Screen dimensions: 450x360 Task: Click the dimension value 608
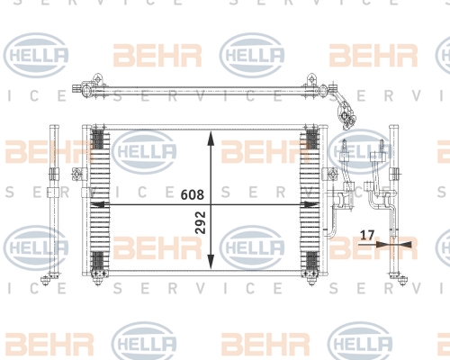[x=193, y=194]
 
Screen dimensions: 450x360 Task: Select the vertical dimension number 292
[x=201, y=222]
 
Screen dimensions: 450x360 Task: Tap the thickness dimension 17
[x=367, y=235]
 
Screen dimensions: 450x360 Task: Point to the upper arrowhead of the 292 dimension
[x=211, y=139]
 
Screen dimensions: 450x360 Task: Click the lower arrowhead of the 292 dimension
[x=211, y=262]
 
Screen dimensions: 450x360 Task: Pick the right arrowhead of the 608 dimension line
[x=310, y=204]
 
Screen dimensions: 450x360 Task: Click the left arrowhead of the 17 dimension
[x=384, y=244]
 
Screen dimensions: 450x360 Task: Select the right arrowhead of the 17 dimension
[x=402, y=245]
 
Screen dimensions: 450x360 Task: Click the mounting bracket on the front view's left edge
[x=77, y=174]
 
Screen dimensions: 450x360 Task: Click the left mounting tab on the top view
[x=97, y=78]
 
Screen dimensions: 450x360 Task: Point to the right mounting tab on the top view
[x=311, y=78]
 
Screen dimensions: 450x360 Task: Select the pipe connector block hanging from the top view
[x=348, y=115]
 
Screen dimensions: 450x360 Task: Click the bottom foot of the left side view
[x=46, y=281]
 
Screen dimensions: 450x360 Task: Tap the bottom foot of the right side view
[x=402, y=281]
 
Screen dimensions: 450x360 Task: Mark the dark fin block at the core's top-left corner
[x=97, y=139]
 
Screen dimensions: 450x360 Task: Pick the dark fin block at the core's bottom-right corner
[x=312, y=261]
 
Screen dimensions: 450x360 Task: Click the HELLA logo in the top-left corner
[x=36, y=55]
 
